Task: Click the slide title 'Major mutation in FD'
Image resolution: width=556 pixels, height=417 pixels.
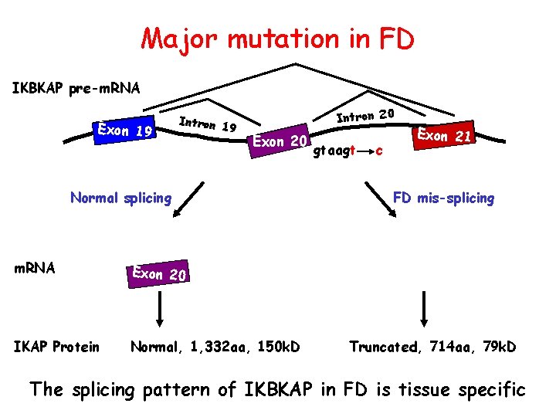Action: point(277,38)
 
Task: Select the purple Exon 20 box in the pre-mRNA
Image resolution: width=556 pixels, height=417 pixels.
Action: point(280,141)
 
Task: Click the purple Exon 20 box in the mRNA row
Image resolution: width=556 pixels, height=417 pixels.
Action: point(159,274)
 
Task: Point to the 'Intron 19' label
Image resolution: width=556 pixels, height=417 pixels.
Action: point(207,123)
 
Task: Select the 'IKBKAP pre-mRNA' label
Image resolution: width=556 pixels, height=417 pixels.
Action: point(76,88)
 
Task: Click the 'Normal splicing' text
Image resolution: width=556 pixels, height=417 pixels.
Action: point(120,198)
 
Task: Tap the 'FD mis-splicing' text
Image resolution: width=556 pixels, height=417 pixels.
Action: point(443,198)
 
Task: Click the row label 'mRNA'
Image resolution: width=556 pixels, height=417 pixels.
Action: point(35,268)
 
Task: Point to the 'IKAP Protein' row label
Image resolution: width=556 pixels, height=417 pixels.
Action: point(56,347)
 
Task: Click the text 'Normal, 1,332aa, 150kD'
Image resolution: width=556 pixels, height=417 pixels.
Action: point(215,347)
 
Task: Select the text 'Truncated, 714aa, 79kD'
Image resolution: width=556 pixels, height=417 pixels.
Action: point(432,347)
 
